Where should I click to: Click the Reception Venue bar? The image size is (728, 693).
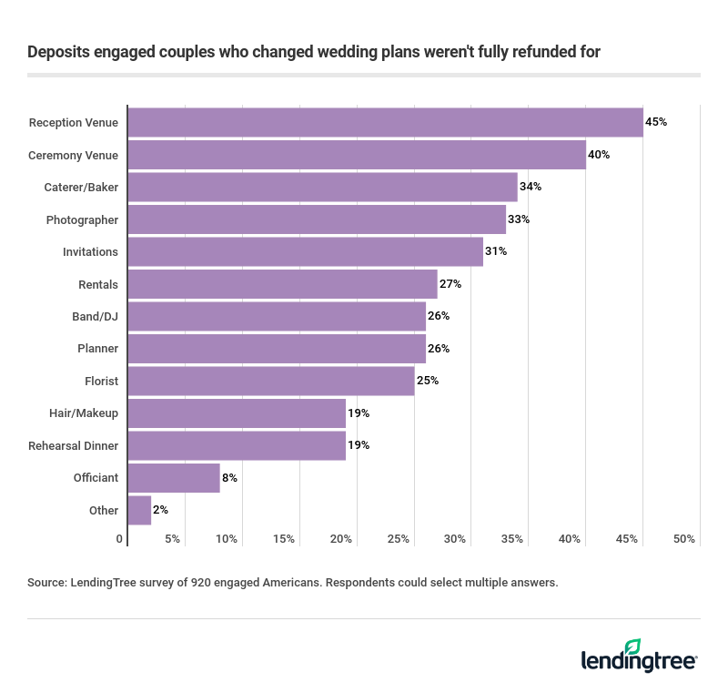click(385, 122)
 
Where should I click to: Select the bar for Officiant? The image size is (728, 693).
click(174, 477)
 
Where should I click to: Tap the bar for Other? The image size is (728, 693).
click(139, 510)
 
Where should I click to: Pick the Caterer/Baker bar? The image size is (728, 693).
click(322, 187)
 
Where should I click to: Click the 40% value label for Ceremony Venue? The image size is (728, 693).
click(599, 155)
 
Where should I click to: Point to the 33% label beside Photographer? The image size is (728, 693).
click(519, 219)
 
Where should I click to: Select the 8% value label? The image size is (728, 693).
click(229, 477)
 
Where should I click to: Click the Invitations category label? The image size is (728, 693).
click(90, 252)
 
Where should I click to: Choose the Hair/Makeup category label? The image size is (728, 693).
click(84, 413)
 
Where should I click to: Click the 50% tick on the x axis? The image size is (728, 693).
click(684, 539)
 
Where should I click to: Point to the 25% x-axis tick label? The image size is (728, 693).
click(399, 539)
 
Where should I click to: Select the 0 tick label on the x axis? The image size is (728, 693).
click(120, 539)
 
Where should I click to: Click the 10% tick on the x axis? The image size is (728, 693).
click(227, 539)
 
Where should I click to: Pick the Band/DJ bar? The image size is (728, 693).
click(277, 316)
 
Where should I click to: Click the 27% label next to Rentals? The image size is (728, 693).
click(450, 284)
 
